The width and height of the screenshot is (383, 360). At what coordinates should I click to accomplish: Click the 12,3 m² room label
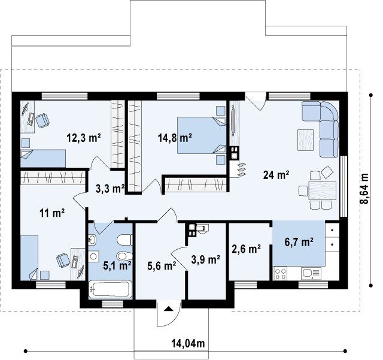[x=84, y=138]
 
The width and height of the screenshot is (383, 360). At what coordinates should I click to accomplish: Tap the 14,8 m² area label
[x=175, y=138]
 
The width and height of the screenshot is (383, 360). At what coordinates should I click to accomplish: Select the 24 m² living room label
[x=276, y=175]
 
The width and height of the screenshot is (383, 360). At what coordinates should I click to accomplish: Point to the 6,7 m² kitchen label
[x=299, y=242]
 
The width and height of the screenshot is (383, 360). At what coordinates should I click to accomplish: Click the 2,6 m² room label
[x=246, y=249]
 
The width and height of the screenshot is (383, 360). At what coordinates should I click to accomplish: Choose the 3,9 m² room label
[x=206, y=260]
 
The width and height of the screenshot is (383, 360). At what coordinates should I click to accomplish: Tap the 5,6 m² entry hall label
[x=162, y=265]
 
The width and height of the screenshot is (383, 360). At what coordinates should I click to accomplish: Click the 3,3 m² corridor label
[x=110, y=189]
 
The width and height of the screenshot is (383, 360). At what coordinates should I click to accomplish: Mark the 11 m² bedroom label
[x=52, y=213]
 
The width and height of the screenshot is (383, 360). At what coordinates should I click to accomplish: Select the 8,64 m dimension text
[x=364, y=188]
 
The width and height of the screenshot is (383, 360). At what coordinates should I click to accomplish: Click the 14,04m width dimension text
[x=188, y=343]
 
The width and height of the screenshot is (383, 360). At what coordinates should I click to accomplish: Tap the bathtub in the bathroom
[x=110, y=289]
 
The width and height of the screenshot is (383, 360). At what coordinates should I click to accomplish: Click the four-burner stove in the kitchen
[x=280, y=274]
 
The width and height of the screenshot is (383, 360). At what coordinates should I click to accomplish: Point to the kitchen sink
[x=311, y=273]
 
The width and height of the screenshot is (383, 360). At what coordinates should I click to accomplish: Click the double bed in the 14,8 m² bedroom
[x=202, y=135]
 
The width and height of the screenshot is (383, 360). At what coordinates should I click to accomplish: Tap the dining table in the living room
[x=323, y=190]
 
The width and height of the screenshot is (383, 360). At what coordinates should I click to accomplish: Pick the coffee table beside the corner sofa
[x=305, y=140]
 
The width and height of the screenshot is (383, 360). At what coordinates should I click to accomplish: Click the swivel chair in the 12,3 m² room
[x=42, y=120]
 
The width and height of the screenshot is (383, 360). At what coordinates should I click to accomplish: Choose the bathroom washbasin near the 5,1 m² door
[x=92, y=240]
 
